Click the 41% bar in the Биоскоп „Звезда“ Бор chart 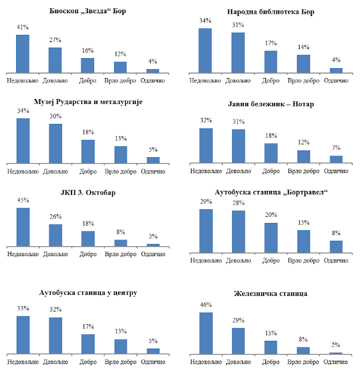[23, 54]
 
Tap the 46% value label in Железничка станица [205, 305]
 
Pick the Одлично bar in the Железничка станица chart [336, 352]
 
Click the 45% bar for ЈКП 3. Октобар [23, 227]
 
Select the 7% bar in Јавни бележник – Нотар [336, 159]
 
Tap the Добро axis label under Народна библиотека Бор [270, 81]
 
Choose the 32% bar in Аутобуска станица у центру [55, 335]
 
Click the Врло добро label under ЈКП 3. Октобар [120, 254]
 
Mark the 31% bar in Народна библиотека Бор [238, 53]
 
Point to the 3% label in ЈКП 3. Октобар [153, 236]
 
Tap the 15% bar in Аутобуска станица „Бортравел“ [304, 241]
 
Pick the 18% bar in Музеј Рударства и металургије [88, 152]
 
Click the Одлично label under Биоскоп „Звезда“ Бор [153, 81]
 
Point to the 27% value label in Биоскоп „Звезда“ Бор [55, 40]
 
